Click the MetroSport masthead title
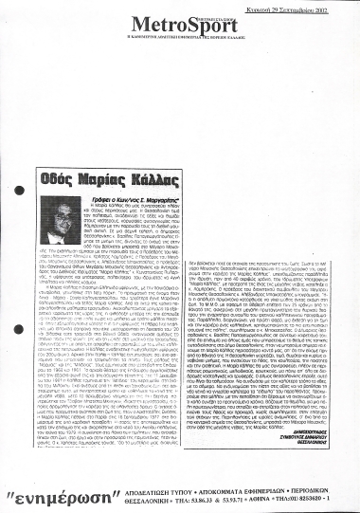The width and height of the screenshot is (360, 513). (x=178, y=24)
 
